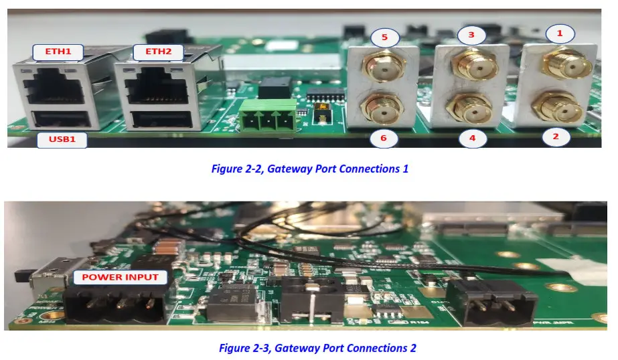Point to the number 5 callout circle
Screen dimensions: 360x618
[384, 37]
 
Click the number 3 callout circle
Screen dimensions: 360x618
[471, 34]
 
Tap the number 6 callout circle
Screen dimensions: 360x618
[384, 139]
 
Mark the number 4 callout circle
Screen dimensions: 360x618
[472, 139]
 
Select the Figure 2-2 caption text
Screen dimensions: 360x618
[309, 169]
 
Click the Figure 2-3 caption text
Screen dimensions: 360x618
[317, 348]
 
